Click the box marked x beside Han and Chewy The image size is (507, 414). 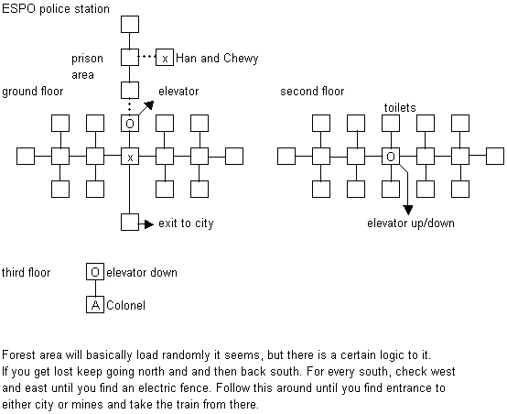[x=165, y=58]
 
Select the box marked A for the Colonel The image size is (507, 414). [x=95, y=304]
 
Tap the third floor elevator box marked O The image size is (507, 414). [x=95, y=272]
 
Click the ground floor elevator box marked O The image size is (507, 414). [x=130, y=123]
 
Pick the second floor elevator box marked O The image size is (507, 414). [x=391, y=156]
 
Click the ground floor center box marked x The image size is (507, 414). [x=130, y=156]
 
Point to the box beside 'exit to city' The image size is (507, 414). [x=130, y=222]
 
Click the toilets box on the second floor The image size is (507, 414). [x=391, y=123]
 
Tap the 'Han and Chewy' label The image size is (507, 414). [x=217, y=58]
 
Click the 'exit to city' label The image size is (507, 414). [x=186, y=223]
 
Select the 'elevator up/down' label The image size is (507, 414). [x=411, y=223]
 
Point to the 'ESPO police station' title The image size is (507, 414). [x=56, y=9]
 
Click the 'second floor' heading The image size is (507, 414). [x=312, y=92]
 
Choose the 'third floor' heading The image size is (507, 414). [x=27, y=272]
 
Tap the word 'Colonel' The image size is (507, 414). [x=125, y=305]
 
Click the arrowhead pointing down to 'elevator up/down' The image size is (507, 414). [x=408, y=210]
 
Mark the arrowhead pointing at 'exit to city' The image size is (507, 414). [x=149, y=224]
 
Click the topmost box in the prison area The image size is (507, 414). [x=130, y=25]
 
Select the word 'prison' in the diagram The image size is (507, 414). [x=87, y=59]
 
